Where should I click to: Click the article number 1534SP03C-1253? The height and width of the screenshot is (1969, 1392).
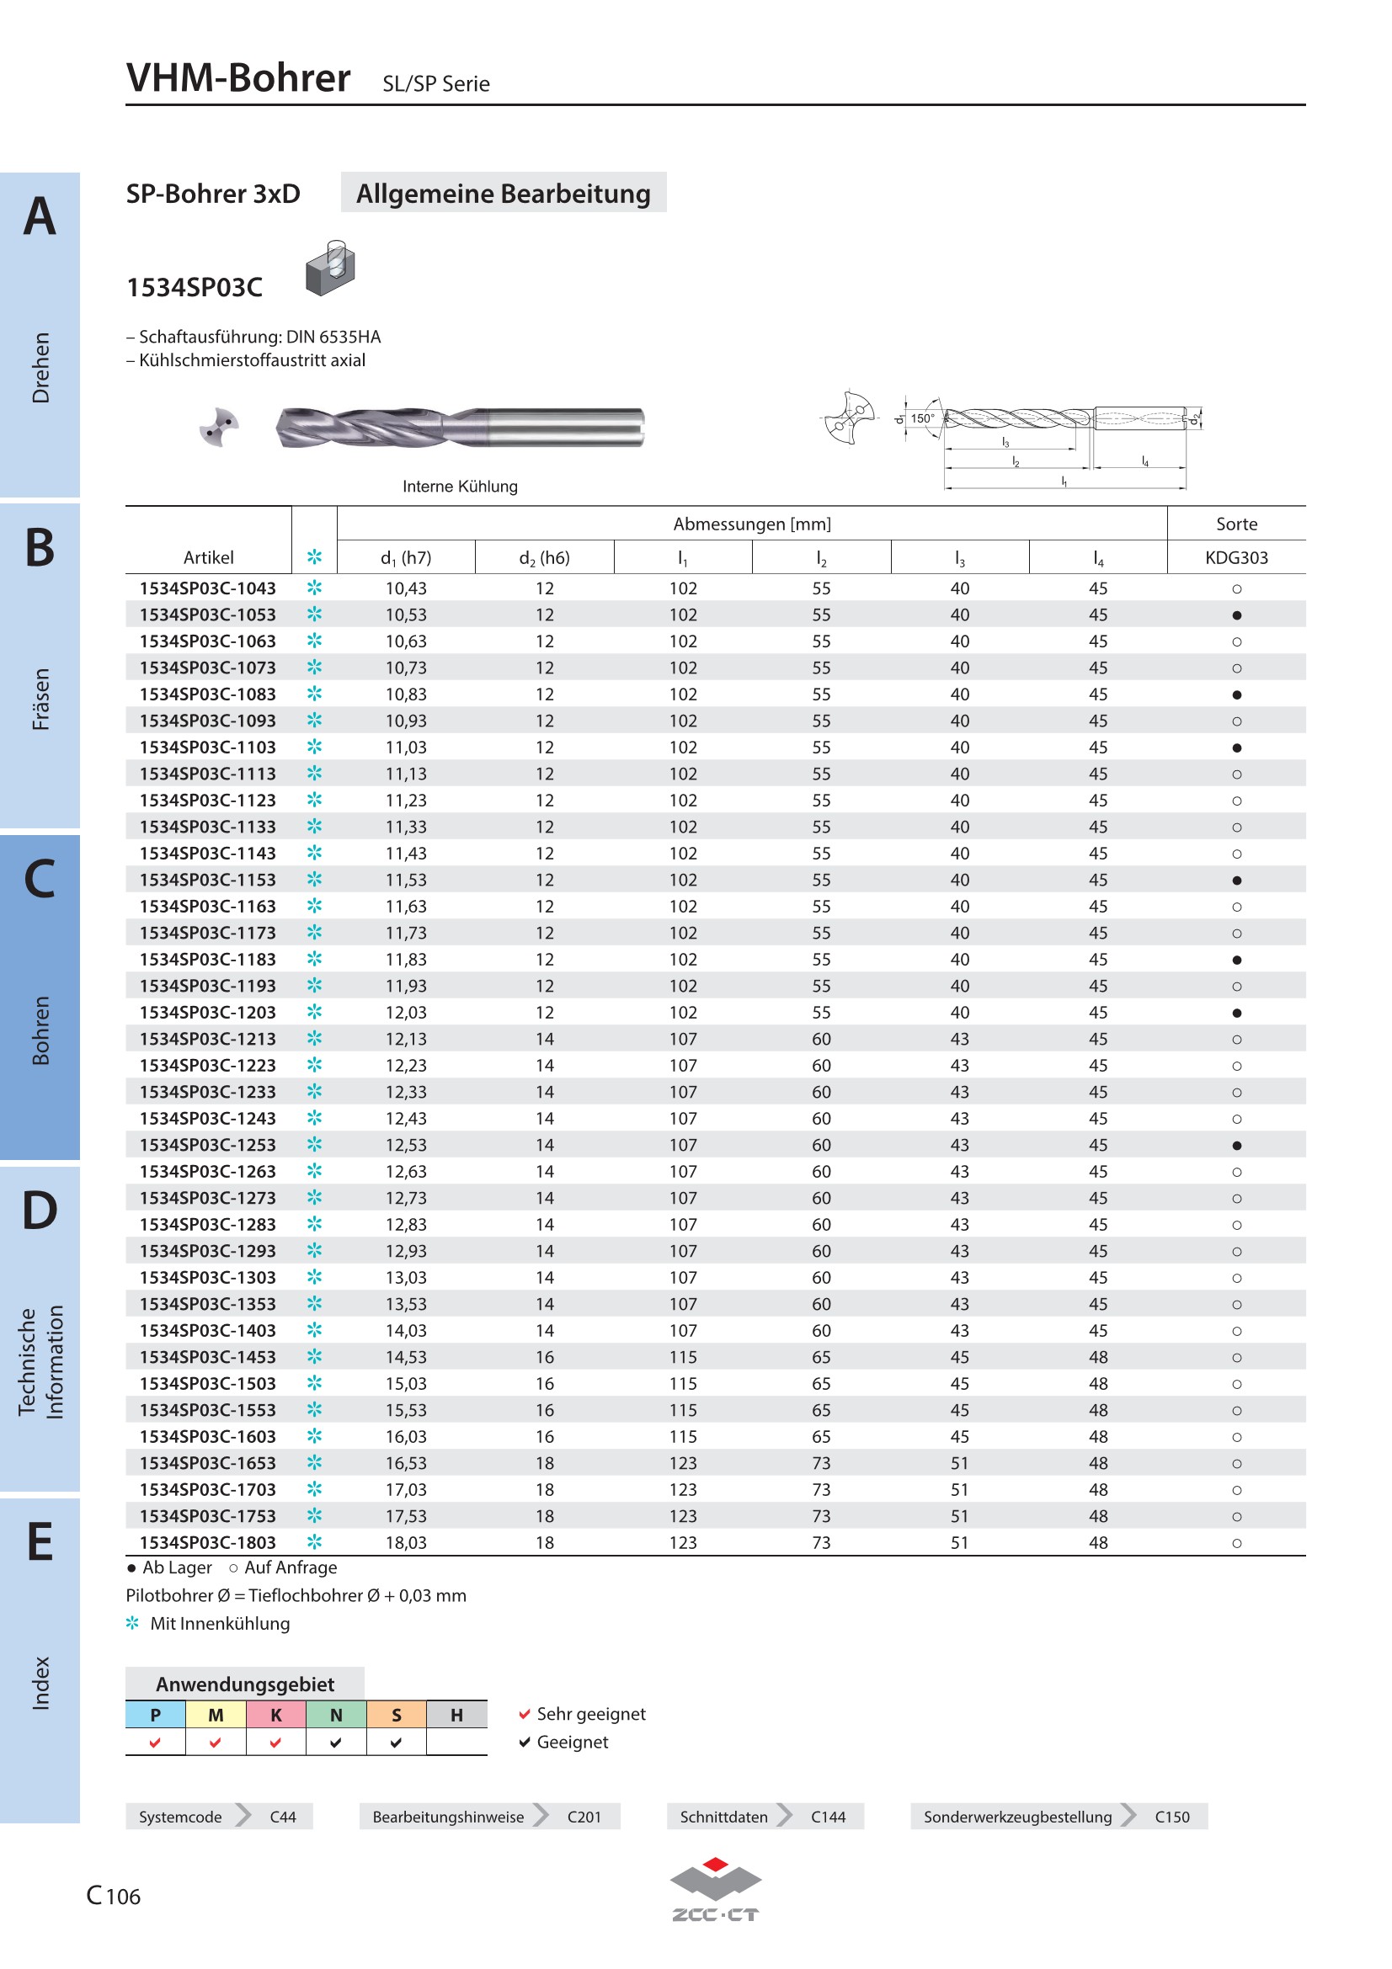click(207, 1145)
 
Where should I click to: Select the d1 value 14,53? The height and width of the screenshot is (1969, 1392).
click(406, 1357)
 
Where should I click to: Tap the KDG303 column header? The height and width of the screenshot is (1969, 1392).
click(1236, 557)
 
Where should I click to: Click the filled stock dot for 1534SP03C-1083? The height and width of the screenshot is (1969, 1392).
click(1236, 694)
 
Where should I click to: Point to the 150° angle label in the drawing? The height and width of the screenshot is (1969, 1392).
click(922, 418)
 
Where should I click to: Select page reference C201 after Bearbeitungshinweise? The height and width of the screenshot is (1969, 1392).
click(584, 1817)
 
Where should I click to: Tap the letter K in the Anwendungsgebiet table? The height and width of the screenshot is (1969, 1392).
click(276, 1714)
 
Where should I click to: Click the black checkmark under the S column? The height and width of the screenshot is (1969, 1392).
click(397, 1743)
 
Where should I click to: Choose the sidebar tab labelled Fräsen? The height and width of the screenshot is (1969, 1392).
click(40, 699)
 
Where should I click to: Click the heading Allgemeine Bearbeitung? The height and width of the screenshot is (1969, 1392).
click(504, 193)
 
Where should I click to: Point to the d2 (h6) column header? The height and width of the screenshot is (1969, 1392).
click(544, 558)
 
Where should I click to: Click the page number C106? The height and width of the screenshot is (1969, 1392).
click(113, 1895)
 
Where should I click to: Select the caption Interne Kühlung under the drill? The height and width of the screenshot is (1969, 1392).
click(460, 487)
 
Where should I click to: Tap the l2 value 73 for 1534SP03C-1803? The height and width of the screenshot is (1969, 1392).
click(821, 1543)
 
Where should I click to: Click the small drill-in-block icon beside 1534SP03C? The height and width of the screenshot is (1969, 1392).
click(330, 269)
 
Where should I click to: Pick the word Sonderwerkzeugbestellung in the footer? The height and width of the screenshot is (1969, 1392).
click(1017, 1817)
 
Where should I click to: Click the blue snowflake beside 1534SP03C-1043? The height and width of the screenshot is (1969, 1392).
click(315, 588)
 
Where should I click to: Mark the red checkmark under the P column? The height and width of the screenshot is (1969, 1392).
click(155, 1743)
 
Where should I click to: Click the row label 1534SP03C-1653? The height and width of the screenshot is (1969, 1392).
click(207, 1463)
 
